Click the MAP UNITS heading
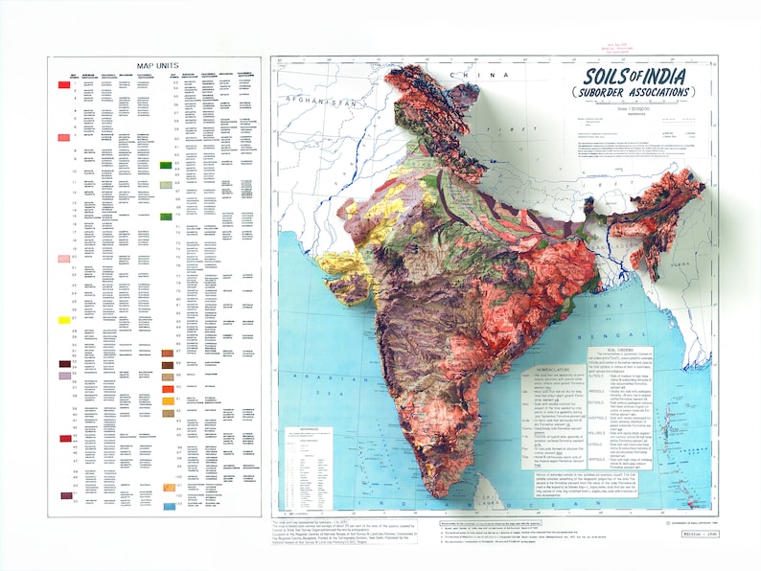click(154, 65)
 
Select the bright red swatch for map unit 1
click(64, 85)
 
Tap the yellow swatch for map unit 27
click(64, 319)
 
